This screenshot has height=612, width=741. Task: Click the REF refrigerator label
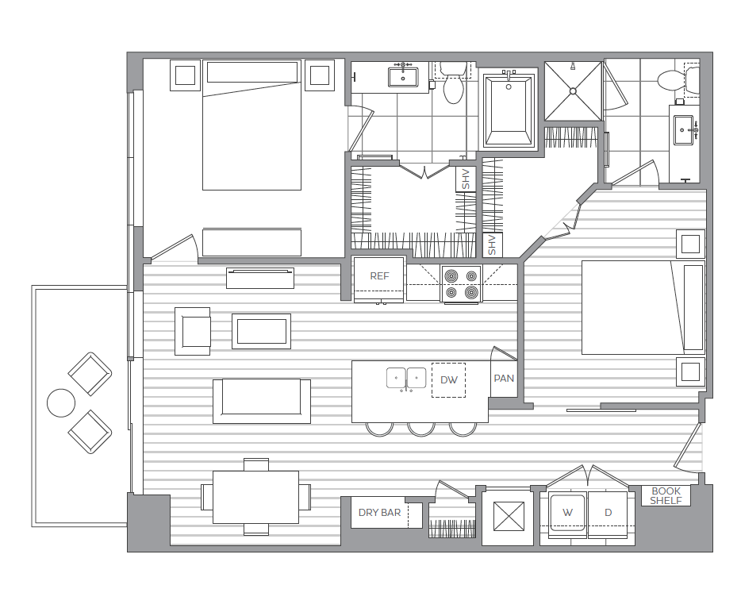click(379, 276)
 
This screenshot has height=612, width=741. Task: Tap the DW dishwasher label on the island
click(448, 380)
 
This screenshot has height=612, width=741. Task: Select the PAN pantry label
click(504, 379)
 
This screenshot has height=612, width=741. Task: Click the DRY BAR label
click(380, 513)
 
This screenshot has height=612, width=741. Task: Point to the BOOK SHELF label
click(666, 496)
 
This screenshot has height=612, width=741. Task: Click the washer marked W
click(566, 513)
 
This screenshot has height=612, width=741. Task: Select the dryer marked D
click(609, 513)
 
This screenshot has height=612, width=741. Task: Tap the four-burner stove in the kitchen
click(461, 284)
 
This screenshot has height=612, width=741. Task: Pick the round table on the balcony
click(61, 403)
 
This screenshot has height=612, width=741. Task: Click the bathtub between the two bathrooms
click(507, 109)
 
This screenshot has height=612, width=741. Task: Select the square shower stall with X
click(573, 91)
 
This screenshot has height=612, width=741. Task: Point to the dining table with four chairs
click(255, 497)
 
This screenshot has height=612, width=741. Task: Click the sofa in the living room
click(261, 400)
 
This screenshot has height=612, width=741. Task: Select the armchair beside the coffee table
click(194, 330)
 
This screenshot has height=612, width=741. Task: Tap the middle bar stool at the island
click(420, 429)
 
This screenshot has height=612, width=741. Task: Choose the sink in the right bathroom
click(684, 129)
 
